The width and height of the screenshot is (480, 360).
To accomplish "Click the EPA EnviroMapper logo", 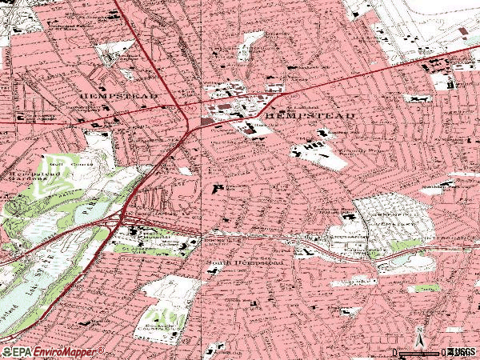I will (53, 351).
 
